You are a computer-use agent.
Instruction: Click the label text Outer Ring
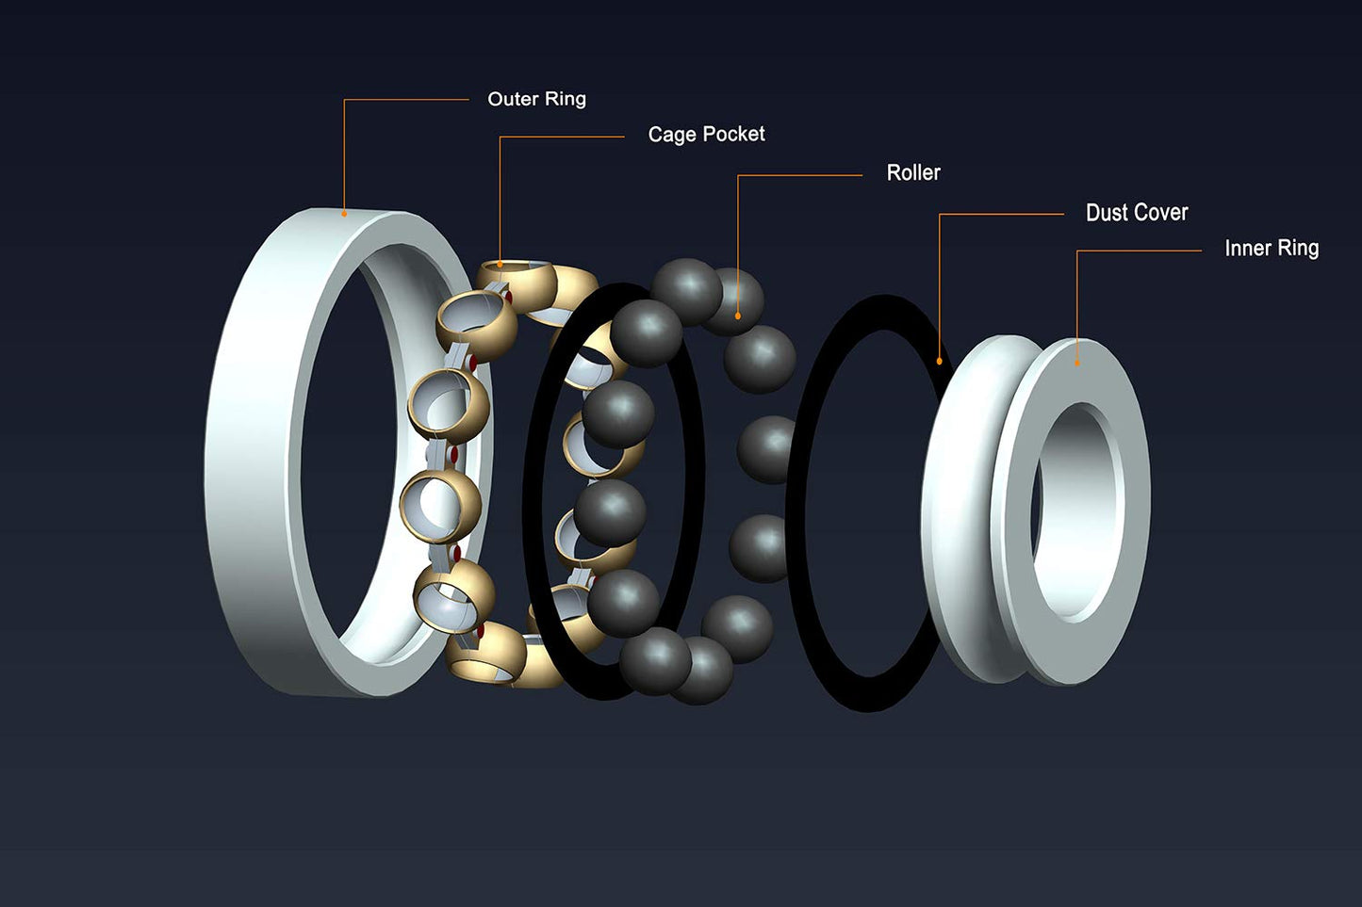pos(536,99)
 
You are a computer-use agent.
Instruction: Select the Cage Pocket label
pos(706,135)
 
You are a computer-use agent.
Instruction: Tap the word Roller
pos(912,173)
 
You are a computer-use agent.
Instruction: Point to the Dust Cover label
pos(1136,213)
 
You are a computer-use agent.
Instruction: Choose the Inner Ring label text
pos(1271,249)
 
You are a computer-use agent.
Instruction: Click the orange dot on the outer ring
pos(344,214)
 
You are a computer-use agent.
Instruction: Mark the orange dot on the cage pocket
pos(500,266)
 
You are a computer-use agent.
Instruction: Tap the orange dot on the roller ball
pos(737,316)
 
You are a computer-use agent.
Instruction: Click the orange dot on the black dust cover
pos(939,361)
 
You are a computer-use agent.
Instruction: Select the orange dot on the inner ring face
pos(1077,364)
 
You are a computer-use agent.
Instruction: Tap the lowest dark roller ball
pos(699,670)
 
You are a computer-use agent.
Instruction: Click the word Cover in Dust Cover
pos(1161,213)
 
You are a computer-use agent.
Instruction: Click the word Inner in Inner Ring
pos(1247,249)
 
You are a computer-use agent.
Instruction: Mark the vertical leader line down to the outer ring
pos(344,155)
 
